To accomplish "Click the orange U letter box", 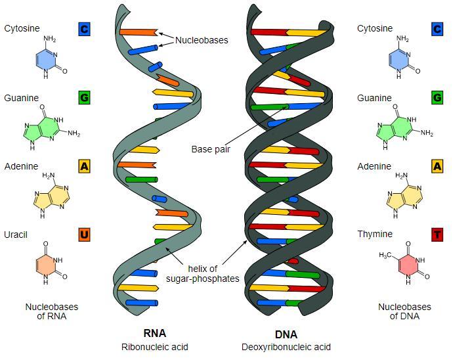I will (84, 235).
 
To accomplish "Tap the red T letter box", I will (437, 235).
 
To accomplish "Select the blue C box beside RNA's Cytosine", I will (84, 29).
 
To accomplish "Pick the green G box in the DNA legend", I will (437, 98).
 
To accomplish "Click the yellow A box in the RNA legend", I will (84, 166).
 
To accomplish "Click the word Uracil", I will (16, 235).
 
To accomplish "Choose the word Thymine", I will (375, 235).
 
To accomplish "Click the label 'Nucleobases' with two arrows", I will (202, 41).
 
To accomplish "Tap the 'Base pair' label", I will (211, 149).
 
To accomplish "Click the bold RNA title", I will (154, 333).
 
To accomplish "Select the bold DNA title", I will (286, 333).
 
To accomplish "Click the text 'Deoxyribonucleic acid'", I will (286, 347).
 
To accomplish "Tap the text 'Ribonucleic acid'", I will (154, 347).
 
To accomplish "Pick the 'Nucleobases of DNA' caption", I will (404, 311).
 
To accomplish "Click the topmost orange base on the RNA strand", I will (138, 31).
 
